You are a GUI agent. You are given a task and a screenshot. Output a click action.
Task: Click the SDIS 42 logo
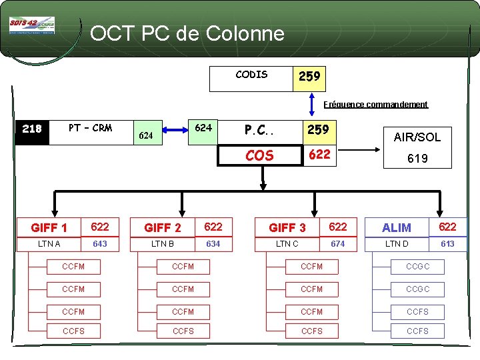pos(32,25)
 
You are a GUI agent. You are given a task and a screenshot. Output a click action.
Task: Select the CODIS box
pos(251,77)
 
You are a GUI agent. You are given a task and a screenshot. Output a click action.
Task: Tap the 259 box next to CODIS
pos(309,77)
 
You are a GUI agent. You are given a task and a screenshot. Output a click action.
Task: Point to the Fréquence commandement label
pos(375,105)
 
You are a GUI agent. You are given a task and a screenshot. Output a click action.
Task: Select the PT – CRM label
pos(91,128)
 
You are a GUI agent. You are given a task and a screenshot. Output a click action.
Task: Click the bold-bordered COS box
pos(259,156)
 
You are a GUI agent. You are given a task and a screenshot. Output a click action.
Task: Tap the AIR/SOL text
pos(417,137)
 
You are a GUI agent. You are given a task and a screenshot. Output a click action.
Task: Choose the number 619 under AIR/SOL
pos(417,159)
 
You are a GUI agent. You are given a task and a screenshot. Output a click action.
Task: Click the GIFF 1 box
pos(49,227)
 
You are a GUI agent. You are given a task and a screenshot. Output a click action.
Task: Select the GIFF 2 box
pos(163,227)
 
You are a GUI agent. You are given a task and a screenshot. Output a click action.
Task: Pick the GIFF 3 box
pos(287,227)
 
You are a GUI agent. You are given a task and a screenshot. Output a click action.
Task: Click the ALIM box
pos(397,227)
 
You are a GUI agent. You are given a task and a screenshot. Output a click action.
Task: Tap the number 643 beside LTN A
pos(100,244)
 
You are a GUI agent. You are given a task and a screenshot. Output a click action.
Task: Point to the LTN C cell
pos(287,244)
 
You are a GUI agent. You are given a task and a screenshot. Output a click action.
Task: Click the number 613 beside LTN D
pos(448,244)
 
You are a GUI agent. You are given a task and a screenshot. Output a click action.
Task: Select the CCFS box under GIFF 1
pos(73,331)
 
